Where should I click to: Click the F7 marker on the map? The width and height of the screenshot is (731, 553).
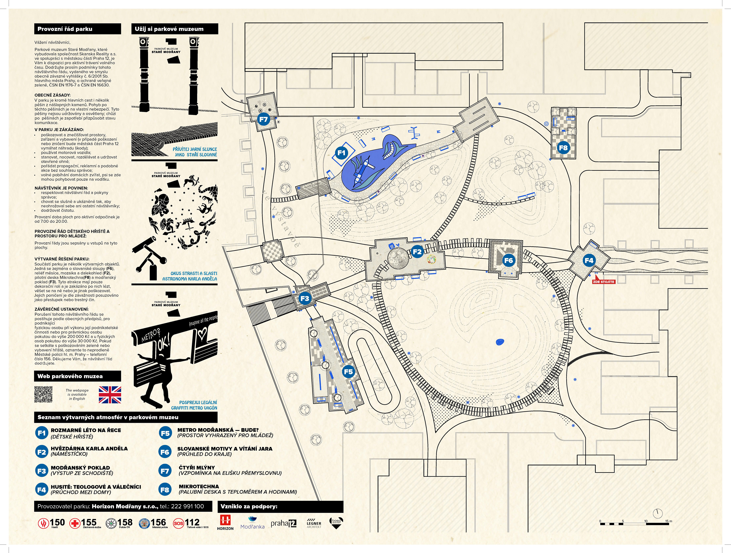[263, 119]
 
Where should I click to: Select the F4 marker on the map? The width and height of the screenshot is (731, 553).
[589, 260]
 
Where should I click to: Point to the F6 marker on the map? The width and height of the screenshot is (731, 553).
[508, 260]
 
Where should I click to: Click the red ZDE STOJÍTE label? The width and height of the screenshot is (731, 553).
[603, 282]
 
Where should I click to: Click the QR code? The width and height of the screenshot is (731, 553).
[43, 394]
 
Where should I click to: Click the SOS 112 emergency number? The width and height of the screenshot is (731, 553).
[187, 523]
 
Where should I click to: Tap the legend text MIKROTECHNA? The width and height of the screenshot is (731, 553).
[199, 486]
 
